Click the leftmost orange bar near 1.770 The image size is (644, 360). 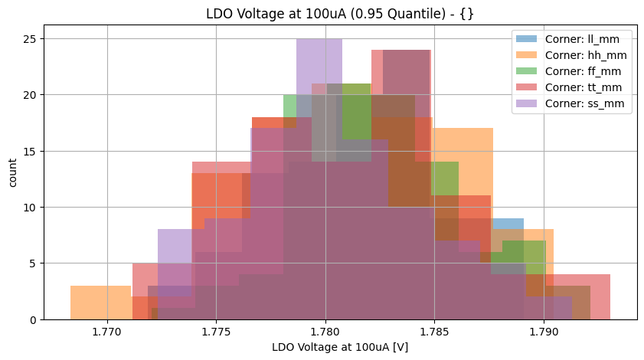pyautogui.click(x=100, y=303)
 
